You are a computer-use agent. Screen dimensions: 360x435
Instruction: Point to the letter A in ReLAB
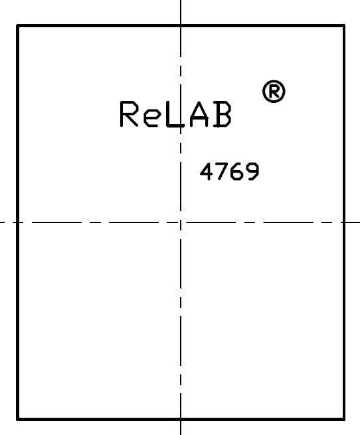coord(199,114)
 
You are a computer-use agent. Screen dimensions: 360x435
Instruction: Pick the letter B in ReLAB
coord(223,114)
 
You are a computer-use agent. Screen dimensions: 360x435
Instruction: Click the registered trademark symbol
coord(274,91)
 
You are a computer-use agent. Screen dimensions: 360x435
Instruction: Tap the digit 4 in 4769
coord(207,171)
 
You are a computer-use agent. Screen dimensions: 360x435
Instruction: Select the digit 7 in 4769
coord(223,171)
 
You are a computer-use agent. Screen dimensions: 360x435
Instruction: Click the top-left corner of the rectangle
coord(18,26)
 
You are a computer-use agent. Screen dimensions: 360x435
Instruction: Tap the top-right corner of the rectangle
coord(344,26)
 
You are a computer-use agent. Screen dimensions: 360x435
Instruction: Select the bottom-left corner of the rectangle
coord(18,419)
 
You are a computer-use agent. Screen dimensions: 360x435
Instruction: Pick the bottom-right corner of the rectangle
coord(344,419)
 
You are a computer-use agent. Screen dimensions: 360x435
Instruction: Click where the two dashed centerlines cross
coord(181,222)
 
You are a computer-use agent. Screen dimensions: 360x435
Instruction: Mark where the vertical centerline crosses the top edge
coord(181,26)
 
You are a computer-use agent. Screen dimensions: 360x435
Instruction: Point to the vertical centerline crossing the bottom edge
coord(181,419)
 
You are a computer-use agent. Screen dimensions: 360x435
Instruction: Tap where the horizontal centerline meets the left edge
coord(18,222)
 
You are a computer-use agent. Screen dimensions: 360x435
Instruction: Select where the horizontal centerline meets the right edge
coord(344,222)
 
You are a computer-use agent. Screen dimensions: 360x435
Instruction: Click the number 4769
coord(230,171)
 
